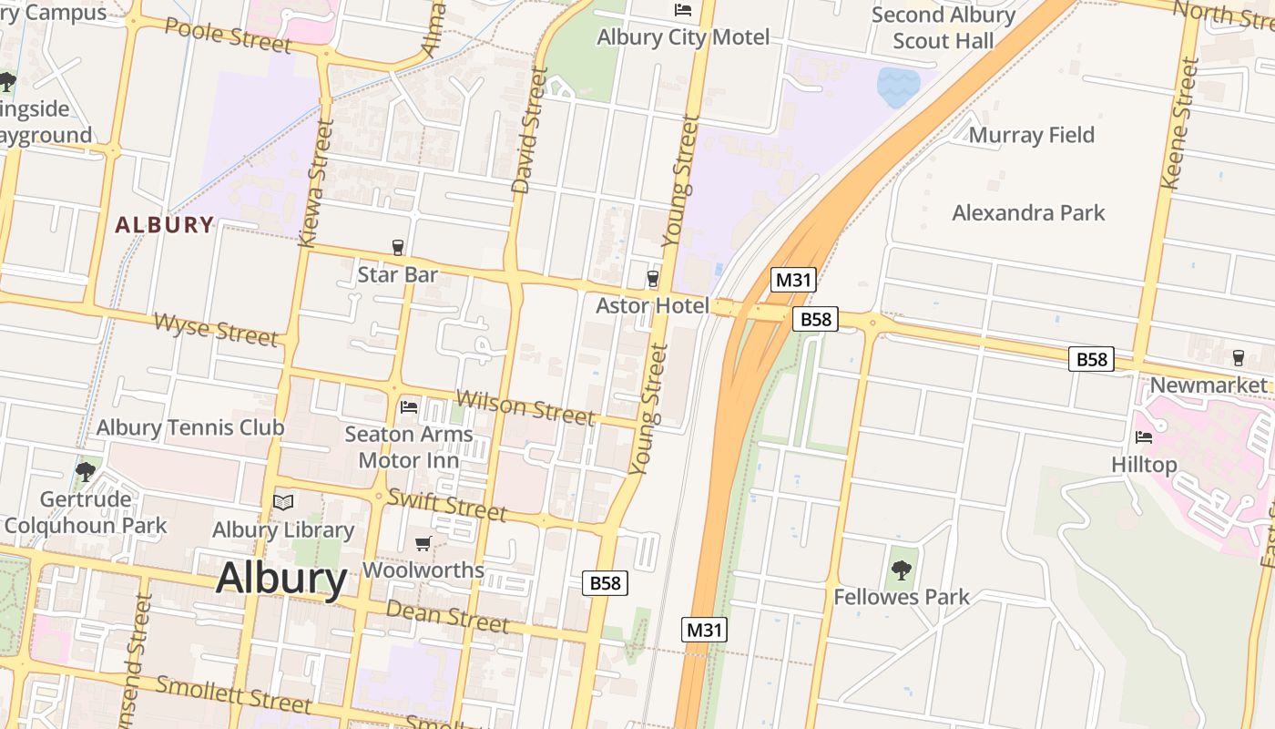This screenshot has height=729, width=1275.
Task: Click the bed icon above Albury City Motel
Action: pyautogui.click(x=682, y=10)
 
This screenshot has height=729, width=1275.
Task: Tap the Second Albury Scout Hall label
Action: pyautogui.click(x=943, y=28)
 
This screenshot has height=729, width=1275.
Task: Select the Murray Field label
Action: pyautogui.click(x=1031, y=136)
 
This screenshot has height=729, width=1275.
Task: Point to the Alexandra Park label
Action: pyautogui.click(x=1028, y=213)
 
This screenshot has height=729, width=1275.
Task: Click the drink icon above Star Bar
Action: pyautogui.click(x=397, y=247)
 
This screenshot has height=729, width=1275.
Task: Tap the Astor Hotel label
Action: pyautogui.click(x=651, y=306)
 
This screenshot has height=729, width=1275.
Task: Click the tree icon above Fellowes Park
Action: pyautogui.click(x=901, y=570)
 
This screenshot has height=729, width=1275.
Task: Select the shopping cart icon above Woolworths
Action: pyautogui.click(x=423, y=544)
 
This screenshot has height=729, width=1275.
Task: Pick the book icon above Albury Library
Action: pyautogui.click(x=283, y=502)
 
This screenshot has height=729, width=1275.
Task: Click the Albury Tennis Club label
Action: pyautogui.click(x=190, y=427)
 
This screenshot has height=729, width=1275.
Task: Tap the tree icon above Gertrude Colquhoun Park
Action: pyautogui.click(x=86, y=471)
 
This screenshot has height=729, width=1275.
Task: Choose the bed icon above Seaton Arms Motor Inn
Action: pyautogui.click(x=409, y=406)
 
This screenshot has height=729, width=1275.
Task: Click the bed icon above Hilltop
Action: pyautogui.click(x=1144, y=437)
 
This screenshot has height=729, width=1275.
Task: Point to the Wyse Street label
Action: pyautogui.click(x=216, y=329)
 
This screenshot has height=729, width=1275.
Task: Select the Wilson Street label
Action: pyautogui.click(x=525, y=406)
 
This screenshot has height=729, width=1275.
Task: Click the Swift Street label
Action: pyautogui.click(x=446, y=504)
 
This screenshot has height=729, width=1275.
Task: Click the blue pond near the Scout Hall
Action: pyautogui.click(x=897, y=86)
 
